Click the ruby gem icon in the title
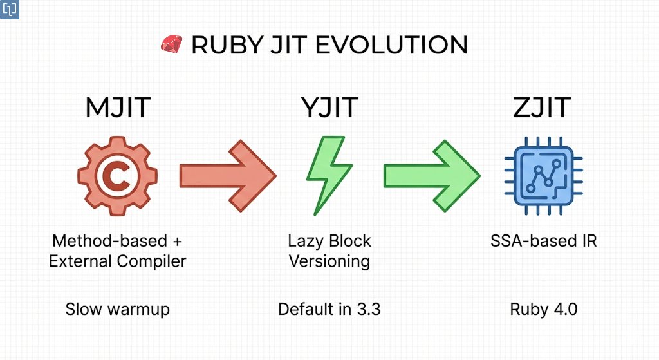coord(171,44)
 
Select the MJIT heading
coord(118,108)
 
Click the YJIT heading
coord(329,108)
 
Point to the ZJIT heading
coord(542,108)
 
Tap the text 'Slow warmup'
coord(118,309)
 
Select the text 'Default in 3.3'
coord(329,309)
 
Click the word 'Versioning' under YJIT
coord(329,261)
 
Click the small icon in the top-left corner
coord(10,10)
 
